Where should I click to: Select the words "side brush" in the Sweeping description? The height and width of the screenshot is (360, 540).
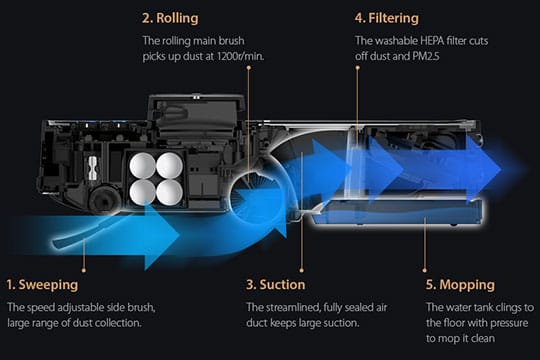(137, 305)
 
